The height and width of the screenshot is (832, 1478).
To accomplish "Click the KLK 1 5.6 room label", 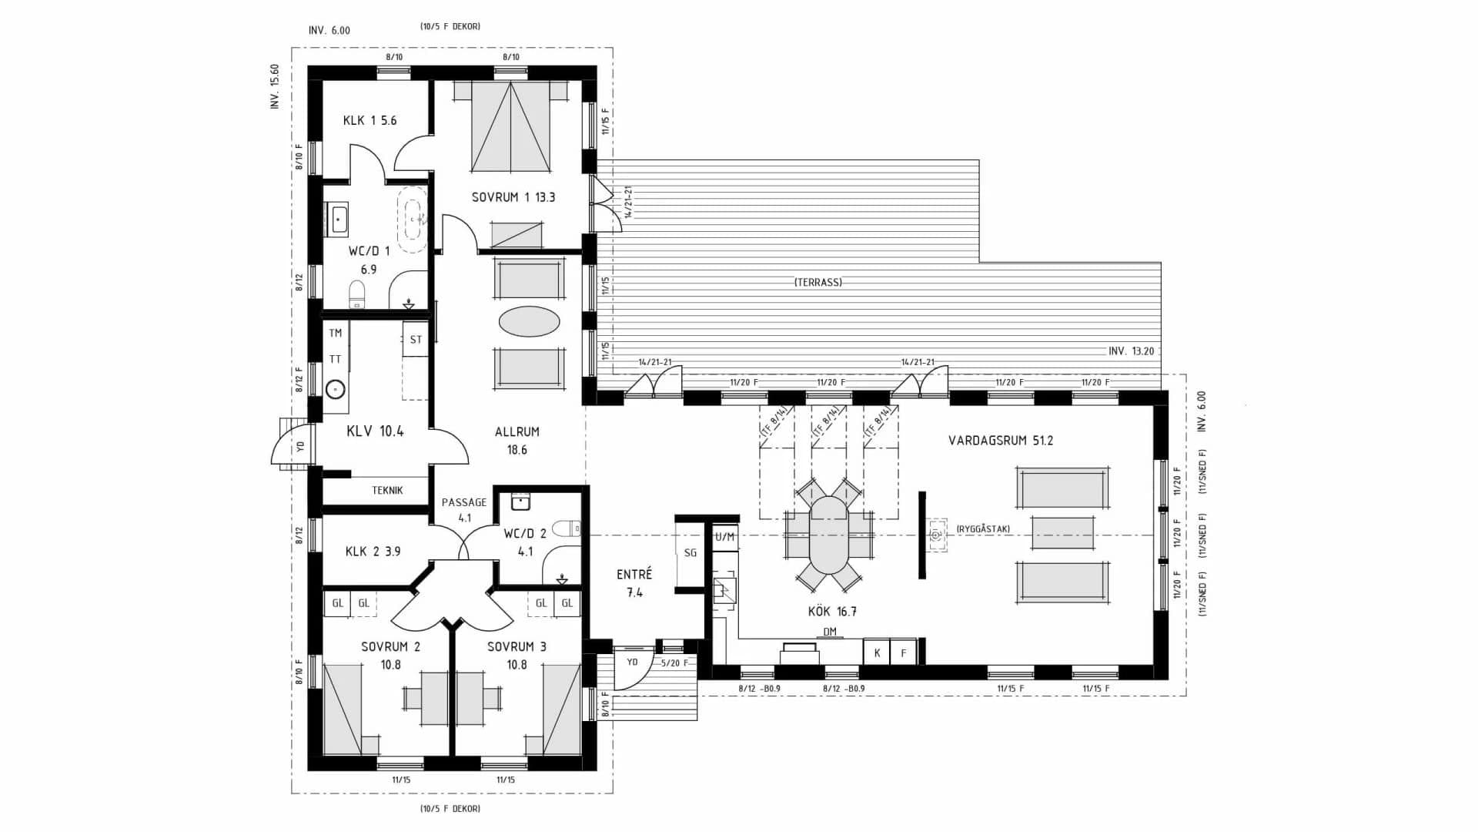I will (369, 120).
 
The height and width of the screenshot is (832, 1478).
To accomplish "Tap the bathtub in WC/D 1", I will (413, 219).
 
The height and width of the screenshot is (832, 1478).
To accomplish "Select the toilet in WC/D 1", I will (357, 294).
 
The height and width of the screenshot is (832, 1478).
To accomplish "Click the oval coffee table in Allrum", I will (529, 321).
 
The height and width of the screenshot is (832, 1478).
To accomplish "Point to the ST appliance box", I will (416, 340).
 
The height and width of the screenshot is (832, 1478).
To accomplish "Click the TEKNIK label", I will (387, 490).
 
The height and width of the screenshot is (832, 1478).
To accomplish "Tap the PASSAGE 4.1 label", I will (463, 509).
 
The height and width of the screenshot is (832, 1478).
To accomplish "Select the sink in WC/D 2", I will (521, 502).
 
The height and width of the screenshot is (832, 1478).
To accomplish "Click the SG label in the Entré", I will (691, 552).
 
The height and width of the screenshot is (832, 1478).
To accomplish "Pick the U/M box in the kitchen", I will (724, 537).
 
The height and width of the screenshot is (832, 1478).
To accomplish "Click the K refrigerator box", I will (877, 653).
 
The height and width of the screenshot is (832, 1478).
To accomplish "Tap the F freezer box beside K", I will (904, 653).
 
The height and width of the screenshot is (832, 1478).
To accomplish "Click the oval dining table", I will (828, 535).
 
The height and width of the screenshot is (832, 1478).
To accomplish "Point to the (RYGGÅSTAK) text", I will (983, 528).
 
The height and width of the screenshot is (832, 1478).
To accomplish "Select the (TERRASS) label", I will (818, 282).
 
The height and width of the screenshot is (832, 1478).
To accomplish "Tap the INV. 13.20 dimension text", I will (1131, 351).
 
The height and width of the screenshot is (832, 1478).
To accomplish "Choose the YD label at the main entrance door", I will (632, 662).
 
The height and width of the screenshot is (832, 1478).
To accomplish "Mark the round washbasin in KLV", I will (335, 389).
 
